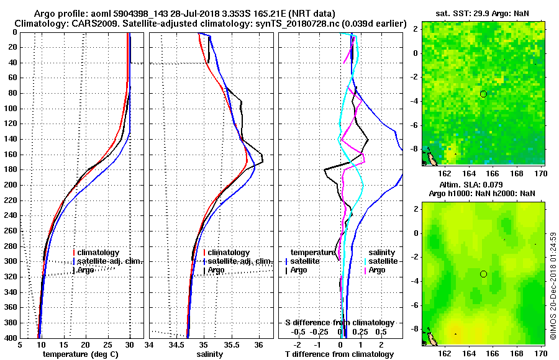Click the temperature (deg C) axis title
(80, 354)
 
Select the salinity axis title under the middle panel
(211, 354)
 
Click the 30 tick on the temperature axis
(130, 344)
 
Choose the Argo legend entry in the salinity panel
(216, 270)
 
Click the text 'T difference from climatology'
(339, 354)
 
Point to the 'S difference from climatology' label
(339, 323)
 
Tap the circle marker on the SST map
(483, 94)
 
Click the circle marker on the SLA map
(483, 274)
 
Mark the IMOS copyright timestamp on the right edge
(553, 286)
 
